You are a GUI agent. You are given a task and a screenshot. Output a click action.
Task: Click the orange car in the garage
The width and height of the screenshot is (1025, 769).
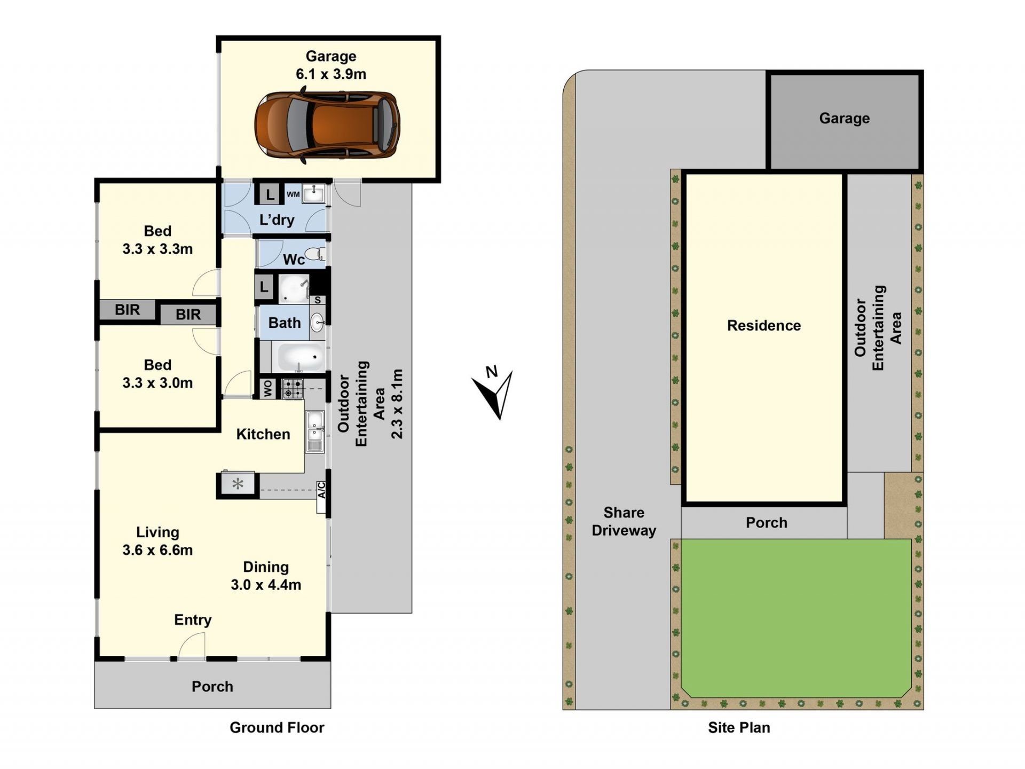[x=327, y=125]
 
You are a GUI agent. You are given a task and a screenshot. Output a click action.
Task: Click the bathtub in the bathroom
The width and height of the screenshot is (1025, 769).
[x=298, y=357]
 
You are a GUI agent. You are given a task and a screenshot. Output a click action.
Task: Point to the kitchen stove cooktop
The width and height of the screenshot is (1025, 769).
[x=292, y=389]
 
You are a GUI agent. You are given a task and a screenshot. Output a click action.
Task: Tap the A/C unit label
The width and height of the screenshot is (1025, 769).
[x=321, y=490]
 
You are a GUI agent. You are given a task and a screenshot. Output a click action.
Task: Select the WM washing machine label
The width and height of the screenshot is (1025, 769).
[x=293, y=194]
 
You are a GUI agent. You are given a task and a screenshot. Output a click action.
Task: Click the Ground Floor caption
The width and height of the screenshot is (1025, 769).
[x=277, y=727]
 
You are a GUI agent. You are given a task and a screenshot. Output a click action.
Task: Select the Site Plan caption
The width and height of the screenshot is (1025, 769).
[x=739, y=727]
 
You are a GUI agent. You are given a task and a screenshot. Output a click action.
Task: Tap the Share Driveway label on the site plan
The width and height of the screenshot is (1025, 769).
[x=624, y=522]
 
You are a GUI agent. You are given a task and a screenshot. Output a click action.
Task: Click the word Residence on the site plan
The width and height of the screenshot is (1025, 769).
[x=764, y=326]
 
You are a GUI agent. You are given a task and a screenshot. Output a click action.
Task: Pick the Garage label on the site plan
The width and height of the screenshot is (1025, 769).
[x=845, y=119]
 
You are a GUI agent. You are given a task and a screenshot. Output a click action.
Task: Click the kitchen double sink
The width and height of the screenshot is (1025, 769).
[x=315, y=432]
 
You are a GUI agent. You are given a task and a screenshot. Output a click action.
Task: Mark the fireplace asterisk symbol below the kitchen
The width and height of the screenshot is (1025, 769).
[x=238, y=484]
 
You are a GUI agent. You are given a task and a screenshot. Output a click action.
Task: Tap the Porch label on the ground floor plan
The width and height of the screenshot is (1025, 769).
[x=212, y=687]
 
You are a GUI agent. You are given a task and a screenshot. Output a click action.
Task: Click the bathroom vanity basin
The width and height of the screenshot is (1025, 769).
[x=317, y=322]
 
